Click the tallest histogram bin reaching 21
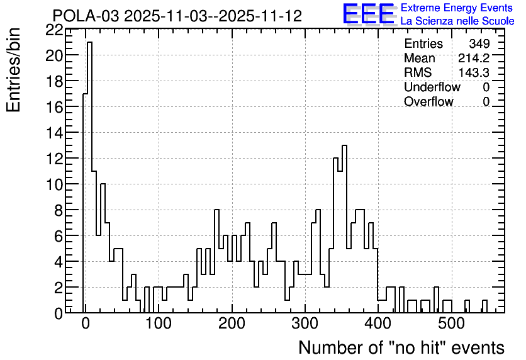(x=89, y=177)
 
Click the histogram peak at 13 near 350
(x=345, y=229)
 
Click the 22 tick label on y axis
(x=54, y=31)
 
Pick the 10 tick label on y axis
(x=54, y=184)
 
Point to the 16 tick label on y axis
(x=54, y=107)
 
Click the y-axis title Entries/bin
(x=14, y=70)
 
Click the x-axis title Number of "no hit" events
(x=401, y=347)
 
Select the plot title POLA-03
(x=86, y=16)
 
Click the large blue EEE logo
(x=369, y=14)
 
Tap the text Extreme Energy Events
(x=457, y=8)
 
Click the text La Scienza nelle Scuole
(x=457, y=21)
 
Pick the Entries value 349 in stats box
(x=479, y=43)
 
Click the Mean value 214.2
(x=474, y=58)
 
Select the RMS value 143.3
(x=474, y=72)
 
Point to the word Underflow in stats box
(x=432, y=87)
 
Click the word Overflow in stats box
(x=428, y=101)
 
